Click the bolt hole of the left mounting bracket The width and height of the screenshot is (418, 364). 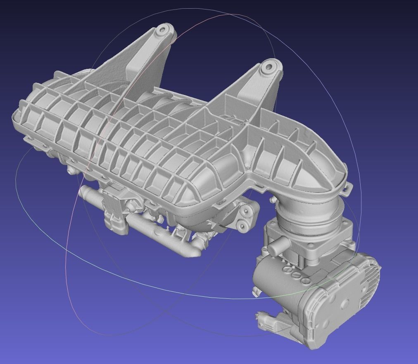[163, 29]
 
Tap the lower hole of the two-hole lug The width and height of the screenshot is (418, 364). [240, 225]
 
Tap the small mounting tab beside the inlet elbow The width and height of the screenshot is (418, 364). [347, 190]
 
